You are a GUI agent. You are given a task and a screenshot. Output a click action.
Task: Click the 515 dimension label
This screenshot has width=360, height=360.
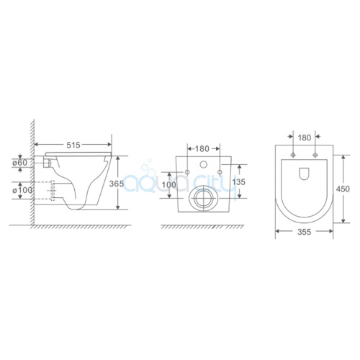point(73,145)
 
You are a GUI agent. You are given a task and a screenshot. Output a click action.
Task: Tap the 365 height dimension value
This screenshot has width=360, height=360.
point(117,184)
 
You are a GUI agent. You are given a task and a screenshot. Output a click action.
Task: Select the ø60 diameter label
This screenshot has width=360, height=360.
point(20,163)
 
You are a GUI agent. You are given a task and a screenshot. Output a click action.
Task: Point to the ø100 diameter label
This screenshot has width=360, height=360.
point(22,190)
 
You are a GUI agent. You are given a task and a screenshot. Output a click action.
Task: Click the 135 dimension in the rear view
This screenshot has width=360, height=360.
point(239,182)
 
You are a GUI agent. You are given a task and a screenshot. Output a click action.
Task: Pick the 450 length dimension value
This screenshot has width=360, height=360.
point(343,189)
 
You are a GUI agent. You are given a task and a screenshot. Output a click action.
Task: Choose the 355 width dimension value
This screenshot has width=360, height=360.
point(304,232)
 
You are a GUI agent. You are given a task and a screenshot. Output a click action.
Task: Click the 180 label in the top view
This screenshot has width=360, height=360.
point(305,138)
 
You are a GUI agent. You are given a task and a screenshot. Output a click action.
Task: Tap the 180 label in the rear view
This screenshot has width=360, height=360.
point(202,149)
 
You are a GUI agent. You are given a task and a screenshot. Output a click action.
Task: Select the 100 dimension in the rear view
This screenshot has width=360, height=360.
point(169,185)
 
